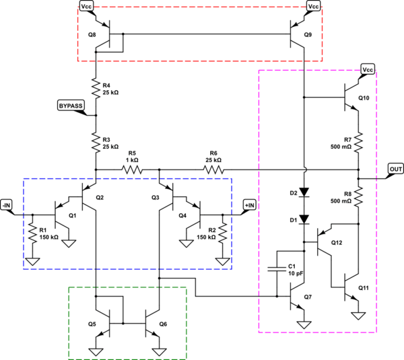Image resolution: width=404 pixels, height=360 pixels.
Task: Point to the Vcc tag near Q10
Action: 368,69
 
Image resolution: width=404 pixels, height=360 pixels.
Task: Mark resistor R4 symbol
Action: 97,86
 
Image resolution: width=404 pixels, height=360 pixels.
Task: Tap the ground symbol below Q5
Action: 97,351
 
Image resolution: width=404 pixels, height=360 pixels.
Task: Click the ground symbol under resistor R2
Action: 222,260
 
